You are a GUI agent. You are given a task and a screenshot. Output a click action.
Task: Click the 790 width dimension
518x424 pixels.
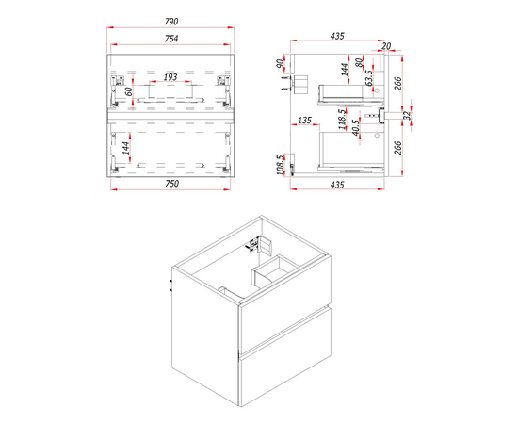click(x=171, y=22)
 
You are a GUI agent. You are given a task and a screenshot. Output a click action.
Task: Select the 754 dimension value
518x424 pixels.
click(x=171, y=39)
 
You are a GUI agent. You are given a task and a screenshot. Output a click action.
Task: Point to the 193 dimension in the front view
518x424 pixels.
click(x=170, y=77)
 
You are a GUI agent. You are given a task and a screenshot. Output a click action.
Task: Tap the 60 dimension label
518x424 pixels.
click(x=130, y=90)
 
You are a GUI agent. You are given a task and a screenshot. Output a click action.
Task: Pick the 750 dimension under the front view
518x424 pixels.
click(x=171, y=184)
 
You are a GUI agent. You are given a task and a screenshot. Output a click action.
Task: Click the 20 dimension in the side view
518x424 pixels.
click(x=386, y=46)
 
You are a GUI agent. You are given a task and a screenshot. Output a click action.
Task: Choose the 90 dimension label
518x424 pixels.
click(x=280, y=64)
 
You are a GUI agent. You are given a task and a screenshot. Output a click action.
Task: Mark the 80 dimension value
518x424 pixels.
click(x=359, y=62)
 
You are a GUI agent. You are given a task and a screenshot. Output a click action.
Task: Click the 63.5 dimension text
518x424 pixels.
click(x=369, y=77)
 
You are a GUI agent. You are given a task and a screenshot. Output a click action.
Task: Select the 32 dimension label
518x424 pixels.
click(x=407, y=115)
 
